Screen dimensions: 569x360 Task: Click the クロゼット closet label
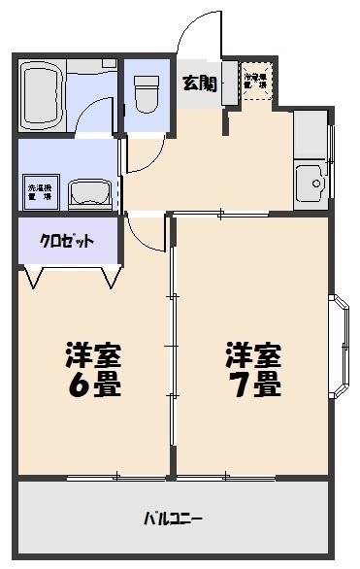pyautogui.click(x=67, y=241)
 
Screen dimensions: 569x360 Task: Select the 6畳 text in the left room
pyautogui.click(x=94, y=384)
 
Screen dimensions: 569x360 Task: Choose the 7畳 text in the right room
pyautogui.click(x=255, y=384)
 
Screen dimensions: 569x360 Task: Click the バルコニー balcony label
pyautogui.click(x=174, y=518)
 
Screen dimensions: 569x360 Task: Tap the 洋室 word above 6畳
pyautogui.click(x=93, y=352)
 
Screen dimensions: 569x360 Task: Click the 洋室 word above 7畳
pyautogui.click(x=254, y=351)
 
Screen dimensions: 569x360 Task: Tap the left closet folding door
pyautogui.click(x=36, y=277)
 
